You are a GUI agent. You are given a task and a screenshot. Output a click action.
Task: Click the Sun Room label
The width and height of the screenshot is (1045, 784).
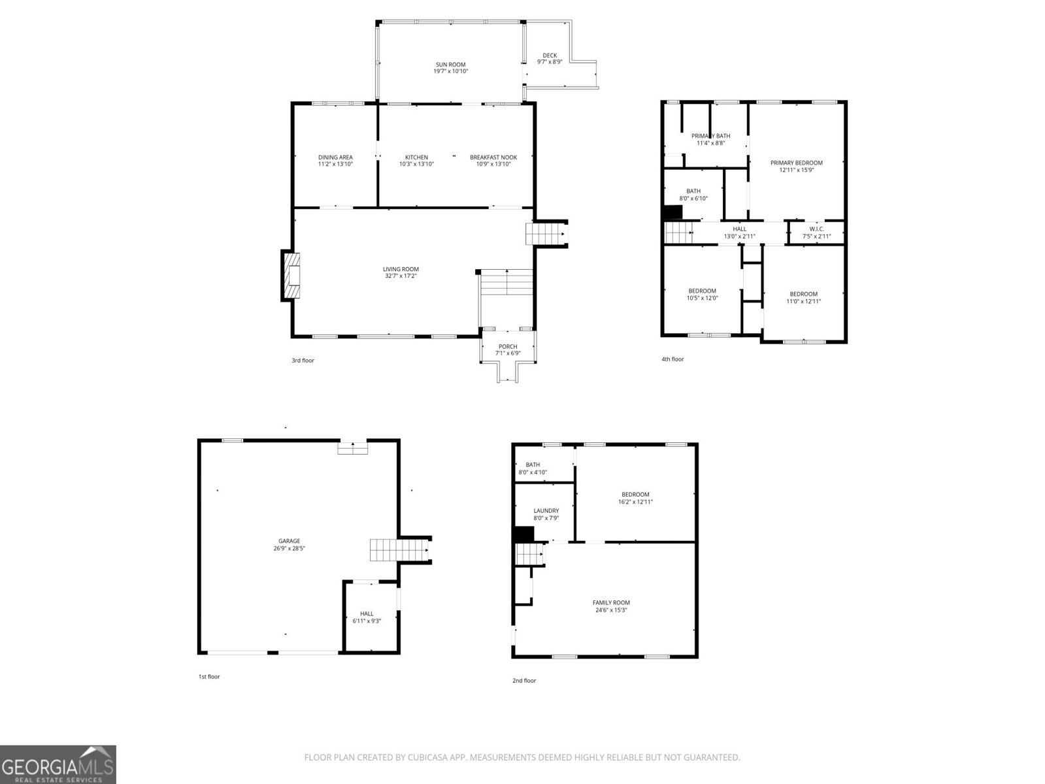[450, 65]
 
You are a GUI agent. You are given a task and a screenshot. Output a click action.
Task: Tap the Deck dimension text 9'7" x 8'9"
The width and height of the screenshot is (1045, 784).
[550, 62]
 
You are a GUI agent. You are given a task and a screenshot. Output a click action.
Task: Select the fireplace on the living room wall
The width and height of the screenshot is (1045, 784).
[291, 276]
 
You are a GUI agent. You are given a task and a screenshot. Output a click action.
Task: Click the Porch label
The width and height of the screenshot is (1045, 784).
[508, 347]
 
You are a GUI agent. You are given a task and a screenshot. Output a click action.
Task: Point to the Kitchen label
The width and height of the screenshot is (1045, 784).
[416, 157]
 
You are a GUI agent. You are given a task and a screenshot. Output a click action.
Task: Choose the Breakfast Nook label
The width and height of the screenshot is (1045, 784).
[493, 157]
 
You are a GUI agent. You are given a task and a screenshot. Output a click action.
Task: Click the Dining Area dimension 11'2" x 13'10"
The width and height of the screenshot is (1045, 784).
[335, 165]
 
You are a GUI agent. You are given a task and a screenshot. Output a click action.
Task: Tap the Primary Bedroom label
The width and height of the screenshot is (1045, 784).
[796, 163]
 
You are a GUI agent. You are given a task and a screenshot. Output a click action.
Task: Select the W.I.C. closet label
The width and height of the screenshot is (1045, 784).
[816, 229]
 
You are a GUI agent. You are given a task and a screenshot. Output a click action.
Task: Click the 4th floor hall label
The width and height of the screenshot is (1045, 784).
[739, 229]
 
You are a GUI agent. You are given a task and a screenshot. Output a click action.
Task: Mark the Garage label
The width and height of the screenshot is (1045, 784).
[289, 541]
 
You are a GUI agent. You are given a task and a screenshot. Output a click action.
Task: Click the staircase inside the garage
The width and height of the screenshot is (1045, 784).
[385, 550]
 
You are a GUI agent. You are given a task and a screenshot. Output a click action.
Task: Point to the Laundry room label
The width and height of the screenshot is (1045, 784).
[546, 511]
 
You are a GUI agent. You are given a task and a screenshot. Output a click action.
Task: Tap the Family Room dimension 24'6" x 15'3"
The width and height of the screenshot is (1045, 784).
[611, 610]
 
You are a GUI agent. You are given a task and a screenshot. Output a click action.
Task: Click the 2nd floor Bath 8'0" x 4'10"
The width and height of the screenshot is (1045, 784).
[533, 468]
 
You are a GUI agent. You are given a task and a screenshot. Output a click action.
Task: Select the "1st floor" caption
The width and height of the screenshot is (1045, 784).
[209, 677]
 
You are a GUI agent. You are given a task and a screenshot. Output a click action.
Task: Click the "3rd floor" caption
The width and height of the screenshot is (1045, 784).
[303, 361]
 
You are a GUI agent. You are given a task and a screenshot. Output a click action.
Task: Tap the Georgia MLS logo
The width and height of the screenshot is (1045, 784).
[58, 764]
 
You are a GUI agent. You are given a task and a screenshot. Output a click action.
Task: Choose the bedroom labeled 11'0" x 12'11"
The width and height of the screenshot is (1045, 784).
[803, 298]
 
